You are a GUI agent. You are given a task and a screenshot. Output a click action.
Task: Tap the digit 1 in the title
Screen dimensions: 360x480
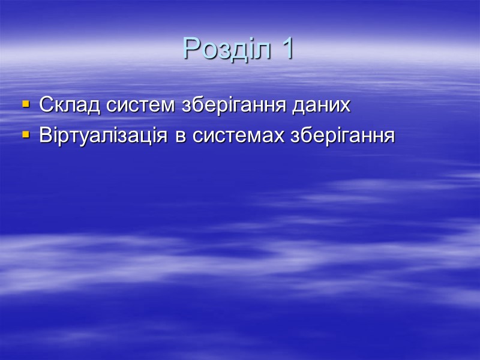click(286, 49)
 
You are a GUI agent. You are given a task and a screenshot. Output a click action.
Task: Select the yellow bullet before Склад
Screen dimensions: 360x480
click(26, 104)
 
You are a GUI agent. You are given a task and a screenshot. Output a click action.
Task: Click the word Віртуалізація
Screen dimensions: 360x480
click(105, 136)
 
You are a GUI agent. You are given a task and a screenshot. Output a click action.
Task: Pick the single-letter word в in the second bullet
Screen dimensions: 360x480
click(180, 136)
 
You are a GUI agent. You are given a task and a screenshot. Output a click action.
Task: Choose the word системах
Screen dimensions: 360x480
click(238, 136)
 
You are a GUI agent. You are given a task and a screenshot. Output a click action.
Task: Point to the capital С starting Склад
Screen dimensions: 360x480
click(46, 105)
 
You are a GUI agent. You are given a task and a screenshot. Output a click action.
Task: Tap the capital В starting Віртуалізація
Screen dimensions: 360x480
click(46, 136)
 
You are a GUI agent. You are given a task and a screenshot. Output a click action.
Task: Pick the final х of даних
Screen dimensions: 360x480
click(344, 106)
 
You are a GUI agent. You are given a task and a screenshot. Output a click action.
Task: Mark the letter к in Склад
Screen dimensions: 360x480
click(58, 106)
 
